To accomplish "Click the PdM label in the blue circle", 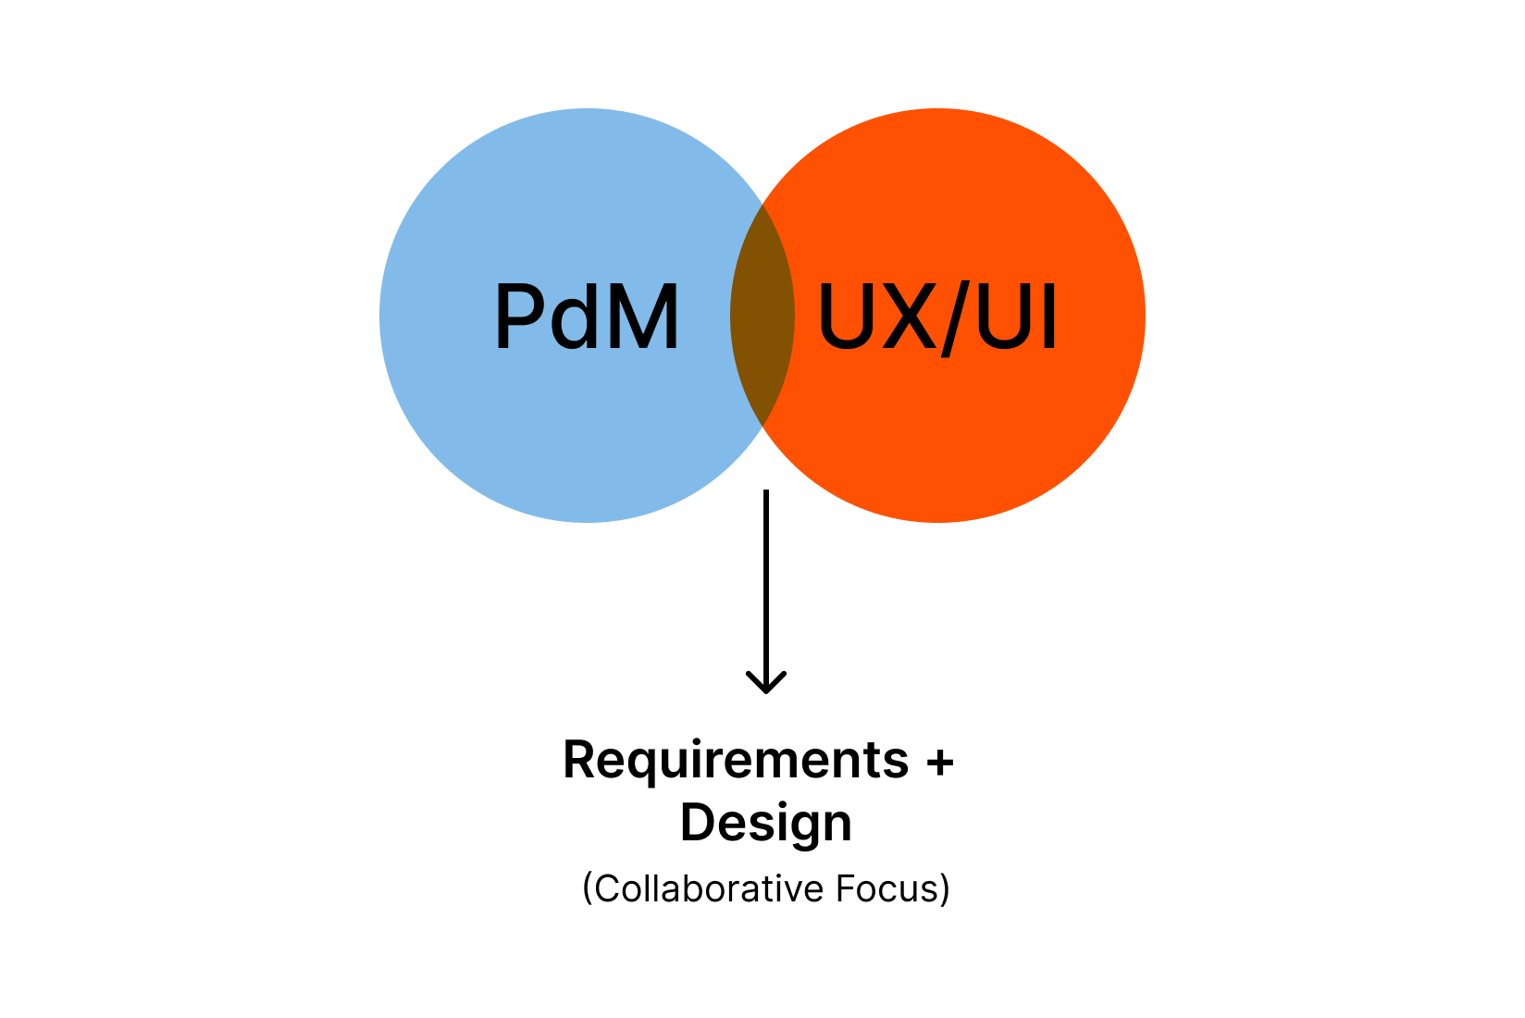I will click(587, 317).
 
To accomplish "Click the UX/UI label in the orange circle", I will click(936, 317).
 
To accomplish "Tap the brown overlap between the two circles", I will click(762, 315).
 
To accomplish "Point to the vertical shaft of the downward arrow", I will click(766, 583).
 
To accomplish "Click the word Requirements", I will click(736, 761).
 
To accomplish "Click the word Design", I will click(766, 823).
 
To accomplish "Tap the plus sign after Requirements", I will click(939, 762).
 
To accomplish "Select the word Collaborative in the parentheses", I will click(709, 888).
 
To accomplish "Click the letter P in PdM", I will click(518, 317).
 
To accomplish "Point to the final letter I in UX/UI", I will click(1048, 317).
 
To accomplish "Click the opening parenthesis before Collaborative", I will click(587, 888).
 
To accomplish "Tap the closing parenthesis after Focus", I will click(945, 888).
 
